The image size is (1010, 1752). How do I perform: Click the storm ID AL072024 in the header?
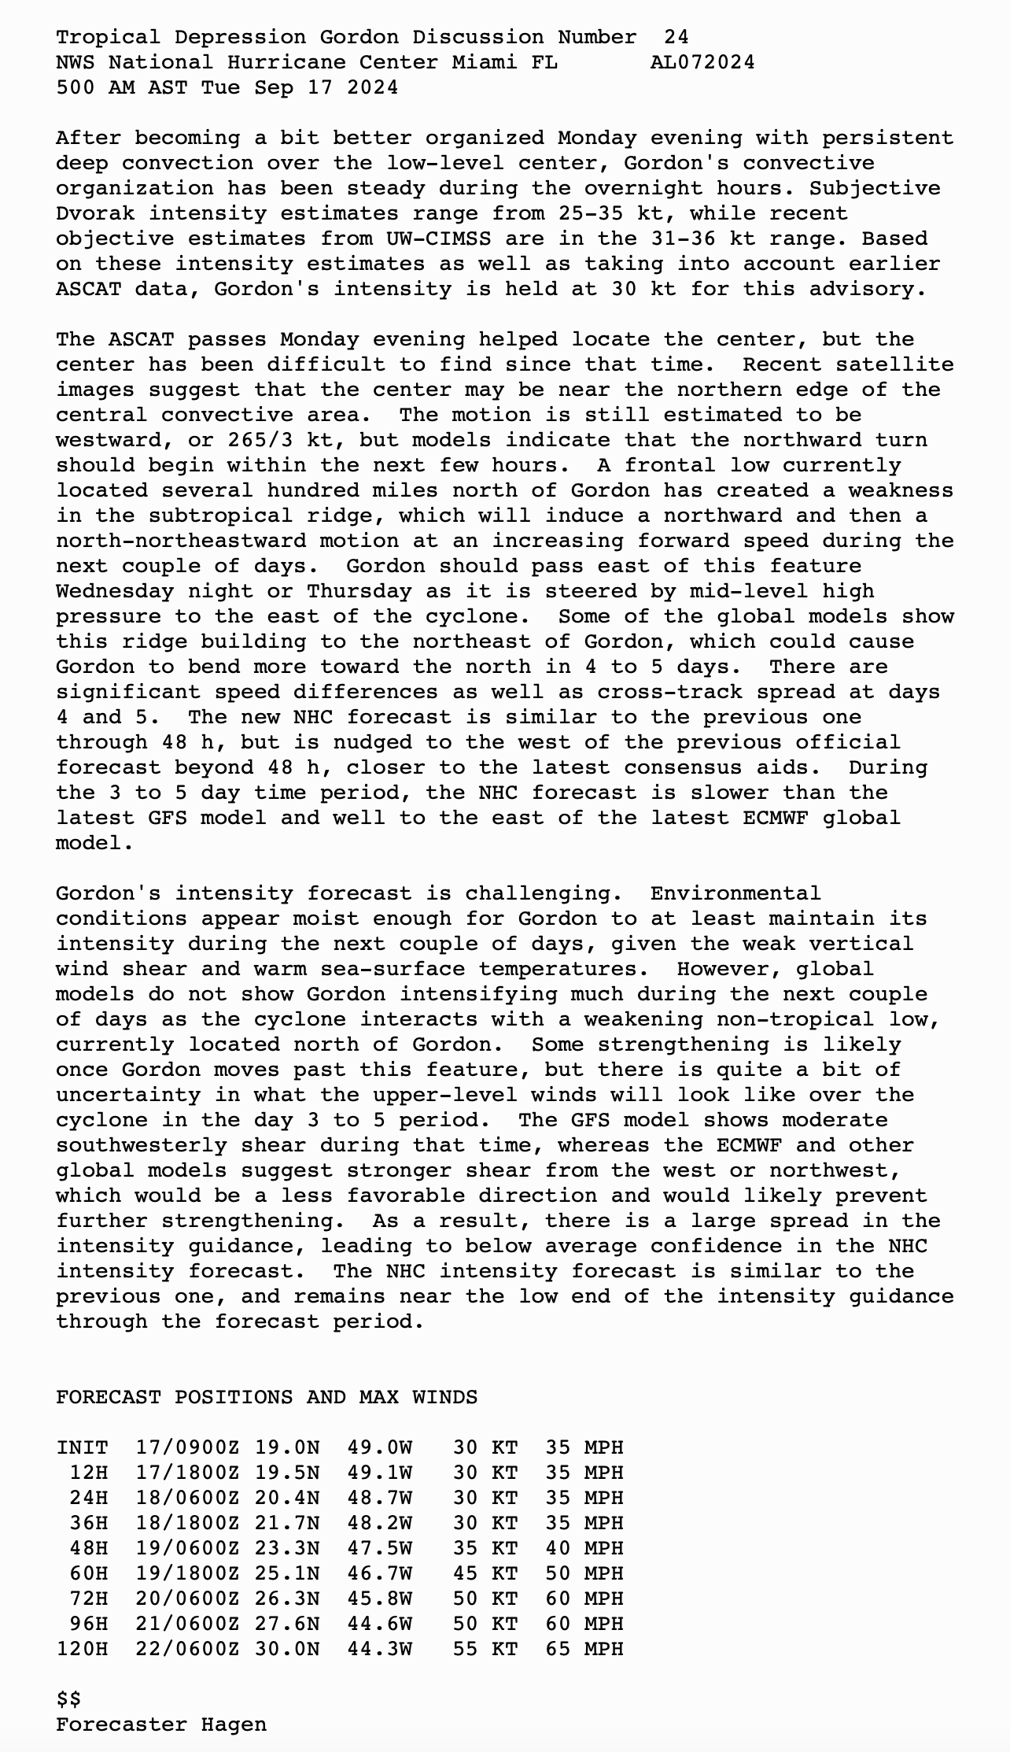click(702, 62)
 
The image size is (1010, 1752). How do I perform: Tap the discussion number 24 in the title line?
click(676, 37)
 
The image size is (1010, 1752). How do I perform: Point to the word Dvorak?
click(95, 213)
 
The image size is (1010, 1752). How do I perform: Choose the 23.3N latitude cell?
click(286, 1548)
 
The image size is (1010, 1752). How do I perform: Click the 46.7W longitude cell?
click(379, 1573)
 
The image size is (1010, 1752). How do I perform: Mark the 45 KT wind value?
click(485, 1573)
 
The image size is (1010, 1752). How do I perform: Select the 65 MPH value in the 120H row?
click(584, 1649)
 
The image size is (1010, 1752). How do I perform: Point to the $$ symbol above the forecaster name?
click(68, 1699)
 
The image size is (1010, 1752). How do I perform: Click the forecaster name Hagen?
click(234, 1724)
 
